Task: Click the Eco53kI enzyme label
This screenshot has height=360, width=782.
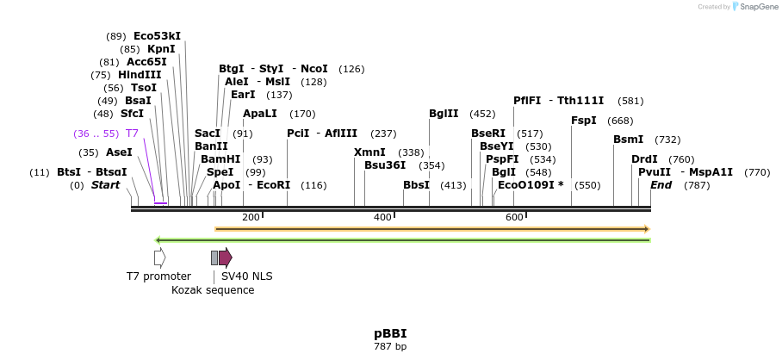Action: pyautogui.click(x=157, y=36)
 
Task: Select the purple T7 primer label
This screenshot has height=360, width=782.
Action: pyautogui.click(x=132, y=133)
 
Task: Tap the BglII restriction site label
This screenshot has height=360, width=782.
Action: pyautogui.click(x=444, y=114)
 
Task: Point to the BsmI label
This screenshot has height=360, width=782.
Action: pyautogui.click(x=628, y=140)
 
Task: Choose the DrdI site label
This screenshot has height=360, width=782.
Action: pyautogui.click(x=644, y=159)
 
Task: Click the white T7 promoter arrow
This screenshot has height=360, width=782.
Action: pyautogui.click(x=159, y=258)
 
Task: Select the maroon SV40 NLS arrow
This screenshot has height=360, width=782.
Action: pyautogui.click(x=226, y=258)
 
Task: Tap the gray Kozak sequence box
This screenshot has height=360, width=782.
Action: pyautogui.click(x=214, y=258)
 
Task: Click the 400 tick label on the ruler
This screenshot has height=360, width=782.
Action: pyautogui.click(x=382, y=217)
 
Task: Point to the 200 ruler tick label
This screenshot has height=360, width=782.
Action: pyautogui.click(x=251, y=217)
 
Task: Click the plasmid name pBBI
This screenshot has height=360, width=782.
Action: pyautogui.click(x=390, y=333)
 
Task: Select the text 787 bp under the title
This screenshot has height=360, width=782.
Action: pyautogui.click(x=390, y=347)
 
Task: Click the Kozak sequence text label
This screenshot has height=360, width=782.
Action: pyautogui.click(x=213, y=290)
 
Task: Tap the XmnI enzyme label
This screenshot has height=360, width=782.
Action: pyautogui.click(x=369, y=152)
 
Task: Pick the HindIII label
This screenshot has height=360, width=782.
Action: pyautogui.click(x=140, y=75)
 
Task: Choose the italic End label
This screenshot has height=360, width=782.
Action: pyautogui.click(x=661, y=185)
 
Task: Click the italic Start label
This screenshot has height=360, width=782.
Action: pyautogui.click(x=105, y=185)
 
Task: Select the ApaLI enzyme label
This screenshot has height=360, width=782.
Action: pyautogui.click(x=260, y=114)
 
